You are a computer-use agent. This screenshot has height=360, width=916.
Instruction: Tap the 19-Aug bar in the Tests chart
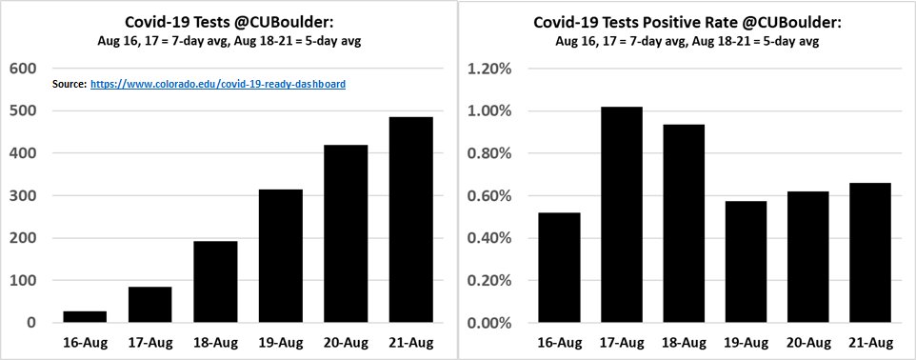282,256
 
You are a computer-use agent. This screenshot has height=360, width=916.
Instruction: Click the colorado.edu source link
218,85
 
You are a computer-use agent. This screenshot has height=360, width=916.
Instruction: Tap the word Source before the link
70,85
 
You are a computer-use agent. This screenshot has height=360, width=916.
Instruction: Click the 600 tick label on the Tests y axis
23,69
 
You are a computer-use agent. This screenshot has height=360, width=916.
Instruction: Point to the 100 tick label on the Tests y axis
23,281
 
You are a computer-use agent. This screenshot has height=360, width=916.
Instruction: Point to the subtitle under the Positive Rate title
687,42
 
